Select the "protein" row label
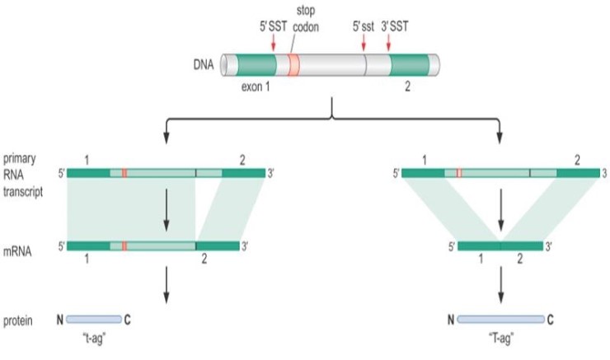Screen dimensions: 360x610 (x=18, y=319)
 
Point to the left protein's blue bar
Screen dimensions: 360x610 (x=94, y=319)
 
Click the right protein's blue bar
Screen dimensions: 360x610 (x=500, y=319)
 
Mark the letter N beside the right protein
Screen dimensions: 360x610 (x=450, y=320)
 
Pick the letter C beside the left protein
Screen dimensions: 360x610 (x=127, y=320)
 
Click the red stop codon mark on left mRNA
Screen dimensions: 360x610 (x=124, y=245)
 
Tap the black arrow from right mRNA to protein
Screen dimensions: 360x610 (x=500, y=284)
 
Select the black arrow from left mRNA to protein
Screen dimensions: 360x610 (x=167, y=284)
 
